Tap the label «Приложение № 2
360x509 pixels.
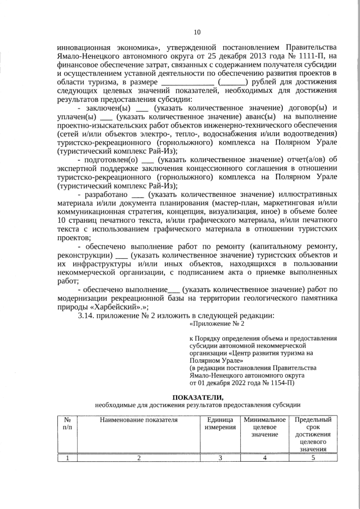[x=218, y=324]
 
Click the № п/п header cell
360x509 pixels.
[x=67, y=424]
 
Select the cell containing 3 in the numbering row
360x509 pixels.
[x=220, y=457]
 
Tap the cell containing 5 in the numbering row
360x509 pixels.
[x=313, y=457]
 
